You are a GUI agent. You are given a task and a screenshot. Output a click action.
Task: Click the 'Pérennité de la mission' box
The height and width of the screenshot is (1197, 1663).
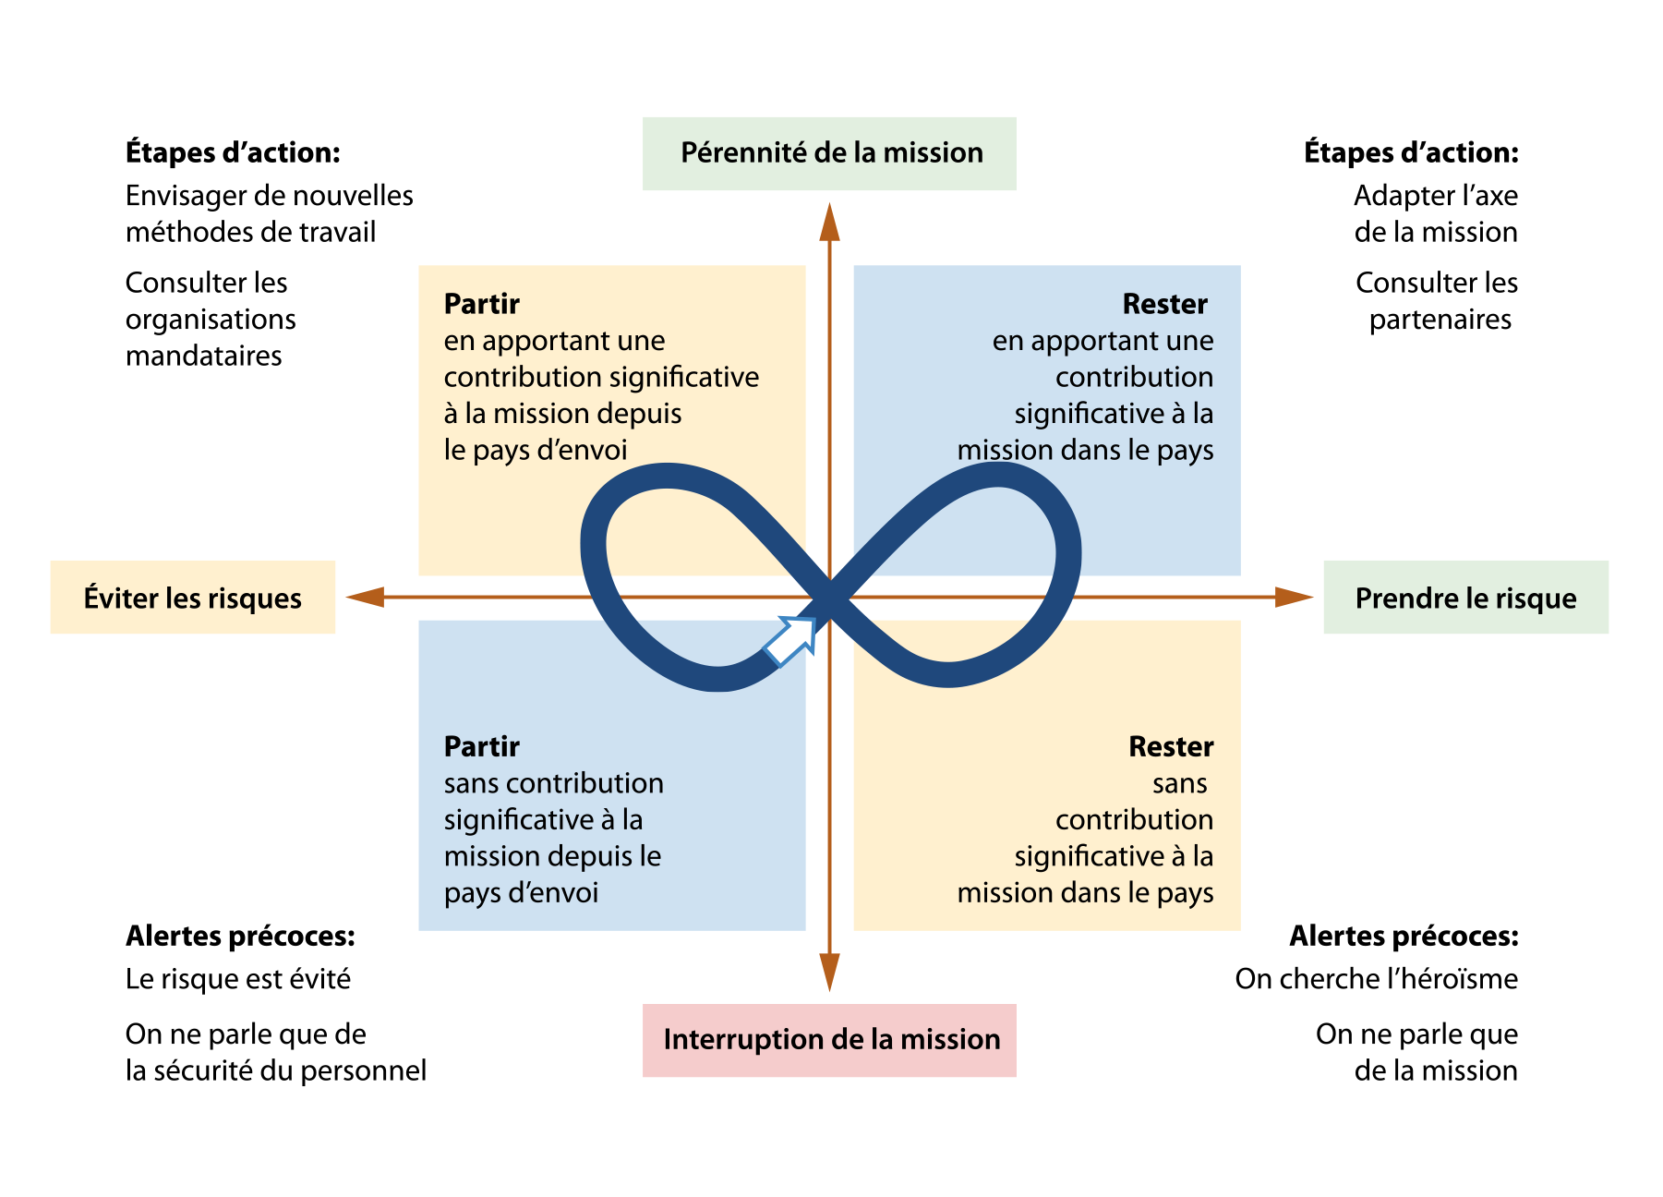pos(829,153)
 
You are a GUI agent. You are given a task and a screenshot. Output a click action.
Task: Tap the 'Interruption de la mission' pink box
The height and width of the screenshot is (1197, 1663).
pos(829,1040)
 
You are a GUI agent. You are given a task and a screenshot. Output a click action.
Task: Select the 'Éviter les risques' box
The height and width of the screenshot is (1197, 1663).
pos(193,597)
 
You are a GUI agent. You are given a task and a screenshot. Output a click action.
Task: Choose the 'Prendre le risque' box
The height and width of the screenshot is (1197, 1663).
pos(1465,597)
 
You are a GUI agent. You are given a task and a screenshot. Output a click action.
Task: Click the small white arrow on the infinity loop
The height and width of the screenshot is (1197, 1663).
pos(790,640)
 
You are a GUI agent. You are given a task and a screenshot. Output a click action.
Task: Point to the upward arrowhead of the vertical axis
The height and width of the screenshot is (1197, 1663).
pos(829,222)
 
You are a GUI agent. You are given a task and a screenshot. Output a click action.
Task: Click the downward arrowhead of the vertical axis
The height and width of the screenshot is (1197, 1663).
pos(829,973)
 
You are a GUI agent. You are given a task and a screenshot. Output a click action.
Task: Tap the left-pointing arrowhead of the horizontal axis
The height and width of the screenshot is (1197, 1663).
pos(365,597)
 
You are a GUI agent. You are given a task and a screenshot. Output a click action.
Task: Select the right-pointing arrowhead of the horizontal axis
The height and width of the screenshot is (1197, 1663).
pos(1294,597)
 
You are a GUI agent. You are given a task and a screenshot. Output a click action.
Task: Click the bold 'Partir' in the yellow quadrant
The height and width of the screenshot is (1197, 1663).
pos(482,304)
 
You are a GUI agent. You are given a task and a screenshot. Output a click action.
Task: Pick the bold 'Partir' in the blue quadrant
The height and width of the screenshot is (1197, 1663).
pos(482,746)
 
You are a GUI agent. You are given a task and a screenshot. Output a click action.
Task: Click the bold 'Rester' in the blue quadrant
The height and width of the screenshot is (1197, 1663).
pos(1165,304)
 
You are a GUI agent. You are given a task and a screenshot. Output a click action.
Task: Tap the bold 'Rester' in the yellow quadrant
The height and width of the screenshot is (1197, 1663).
pos(1171,746)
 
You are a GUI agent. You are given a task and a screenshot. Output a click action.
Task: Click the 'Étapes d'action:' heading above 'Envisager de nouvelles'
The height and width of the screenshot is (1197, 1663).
pos(234,152)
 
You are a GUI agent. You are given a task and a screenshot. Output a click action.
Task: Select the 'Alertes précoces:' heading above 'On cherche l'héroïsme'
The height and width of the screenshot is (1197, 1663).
pos(1404,936)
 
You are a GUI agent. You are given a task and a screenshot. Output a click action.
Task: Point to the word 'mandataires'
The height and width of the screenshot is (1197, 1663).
pos(204,356)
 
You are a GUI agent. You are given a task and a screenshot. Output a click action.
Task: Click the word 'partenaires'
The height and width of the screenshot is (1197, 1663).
pos(1440,320)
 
